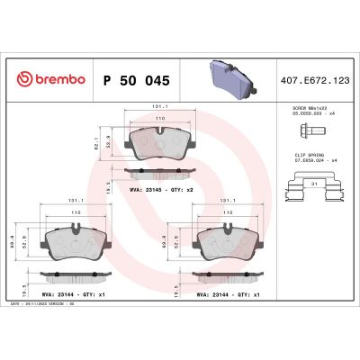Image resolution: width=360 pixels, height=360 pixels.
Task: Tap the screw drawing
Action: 304,134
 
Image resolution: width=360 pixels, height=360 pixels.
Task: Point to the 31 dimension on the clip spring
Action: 312,184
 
